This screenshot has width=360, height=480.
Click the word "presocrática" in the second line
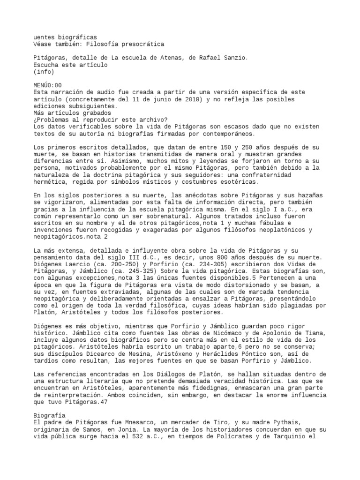143,44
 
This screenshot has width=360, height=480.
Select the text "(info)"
44,72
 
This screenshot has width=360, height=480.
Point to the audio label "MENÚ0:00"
48,85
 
